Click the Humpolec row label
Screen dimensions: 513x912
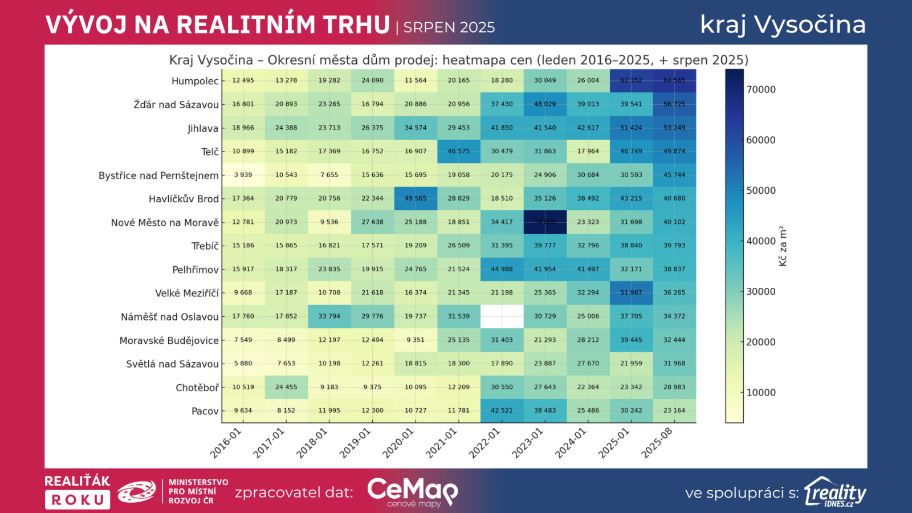pyautogui.click(x=194, y=81)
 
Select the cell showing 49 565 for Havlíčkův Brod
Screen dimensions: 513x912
pyautogui.click(x=416, y=198)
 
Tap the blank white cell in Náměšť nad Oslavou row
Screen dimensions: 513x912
pyautogui.click(x=502, y=316)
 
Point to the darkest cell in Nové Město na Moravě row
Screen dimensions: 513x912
pyautogui.click(x=545, y=222)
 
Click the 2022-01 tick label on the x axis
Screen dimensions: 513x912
pyautogui.click(x=484, y=443)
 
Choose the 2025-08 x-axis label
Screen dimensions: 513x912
pyautogui.click(x=657, y=443)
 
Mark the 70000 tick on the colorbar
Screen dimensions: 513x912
pyautogui.click(x=761, y=89)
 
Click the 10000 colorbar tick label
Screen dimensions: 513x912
pyautogui.click(x=761, y=392)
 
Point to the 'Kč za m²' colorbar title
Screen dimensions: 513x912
pyautogui.click(x=783, y=246)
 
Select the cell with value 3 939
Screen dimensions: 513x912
pyautogui.click(x=243, y=175)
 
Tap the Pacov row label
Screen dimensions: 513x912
pyautogui.click(x=205, y=411)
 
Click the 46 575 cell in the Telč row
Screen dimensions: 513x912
pyautogui.click(x=459, y=151)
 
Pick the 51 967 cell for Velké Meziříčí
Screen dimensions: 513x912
pyautogui.click(x=631, y=292)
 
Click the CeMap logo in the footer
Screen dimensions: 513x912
pyautogui.click(x=413, y=492)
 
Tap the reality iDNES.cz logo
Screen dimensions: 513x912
pyautogui.click(x=835, y=492)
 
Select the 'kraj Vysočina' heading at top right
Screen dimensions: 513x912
pyautogui.click(x=783, y=25)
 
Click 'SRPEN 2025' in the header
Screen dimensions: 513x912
pyautogui.click(x=449, y=27)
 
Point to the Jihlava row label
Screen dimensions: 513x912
pyautogui.click(x=202, y=128)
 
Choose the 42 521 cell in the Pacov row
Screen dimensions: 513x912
pyautogui.click(x=502, y=410)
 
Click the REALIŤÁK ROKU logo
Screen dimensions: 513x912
pyautogui.click(x=78, y=491)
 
